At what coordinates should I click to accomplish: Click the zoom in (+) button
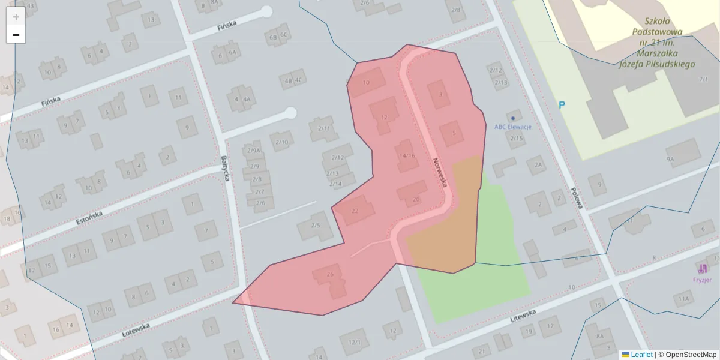[16, 17]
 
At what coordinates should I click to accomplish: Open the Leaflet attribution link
[641, 355]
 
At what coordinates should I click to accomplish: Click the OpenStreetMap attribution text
[691, 355]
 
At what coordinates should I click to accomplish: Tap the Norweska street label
[440, 172]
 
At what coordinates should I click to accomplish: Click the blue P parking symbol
[562, 106]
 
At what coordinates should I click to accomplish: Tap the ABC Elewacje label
[512, 127]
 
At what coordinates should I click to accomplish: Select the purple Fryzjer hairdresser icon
[703, 268]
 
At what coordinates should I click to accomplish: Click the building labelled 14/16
[407, 155]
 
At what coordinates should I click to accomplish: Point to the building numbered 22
[354, 210]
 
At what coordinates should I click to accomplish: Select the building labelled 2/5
[316, 225]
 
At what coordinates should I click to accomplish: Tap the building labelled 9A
[670, 159]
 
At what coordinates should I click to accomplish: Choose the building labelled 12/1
[355, 342]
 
